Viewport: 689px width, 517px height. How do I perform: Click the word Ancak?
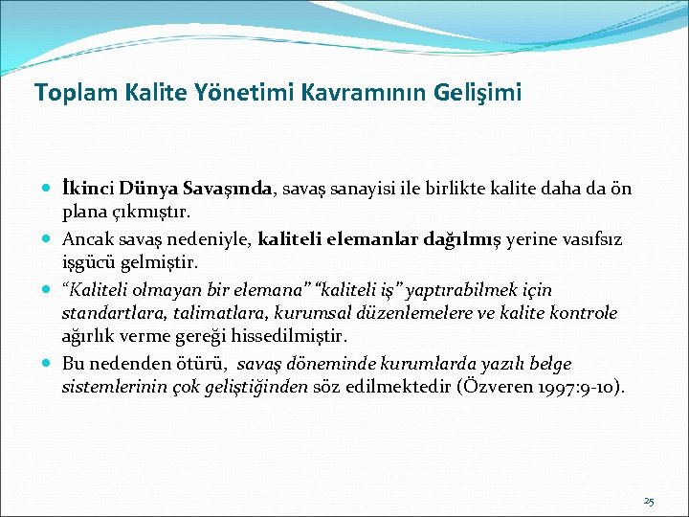88,240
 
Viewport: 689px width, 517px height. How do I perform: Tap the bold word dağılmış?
447,240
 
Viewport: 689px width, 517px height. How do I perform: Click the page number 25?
649,501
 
